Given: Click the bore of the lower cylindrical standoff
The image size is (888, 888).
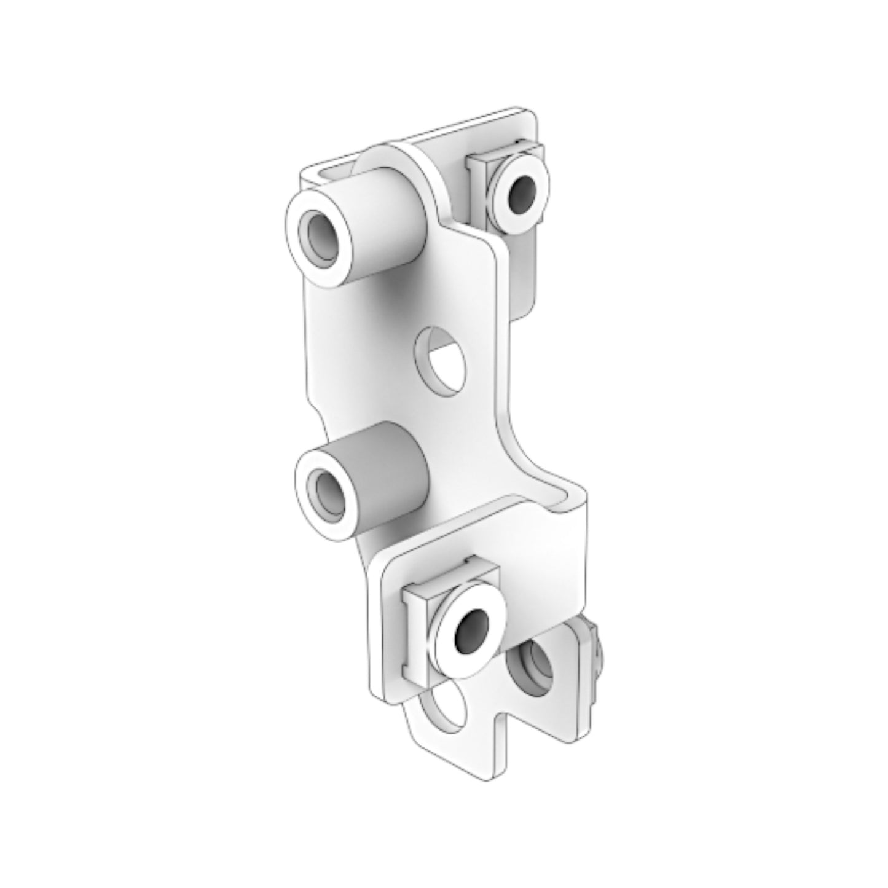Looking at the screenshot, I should tap(327, 490).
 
